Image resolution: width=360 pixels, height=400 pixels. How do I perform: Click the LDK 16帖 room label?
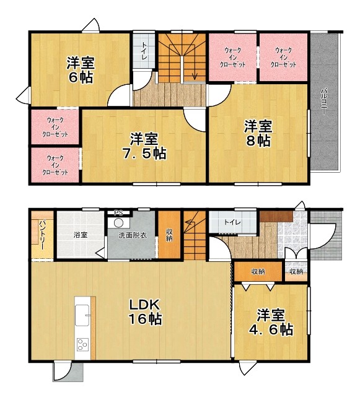point(145,311)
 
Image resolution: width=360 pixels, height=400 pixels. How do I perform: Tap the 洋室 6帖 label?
point(81,70)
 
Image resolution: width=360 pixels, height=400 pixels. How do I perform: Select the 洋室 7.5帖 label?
point(144,146)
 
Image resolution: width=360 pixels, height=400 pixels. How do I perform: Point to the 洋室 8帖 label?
point(258,133)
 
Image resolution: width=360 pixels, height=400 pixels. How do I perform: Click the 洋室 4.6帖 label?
point(271,322)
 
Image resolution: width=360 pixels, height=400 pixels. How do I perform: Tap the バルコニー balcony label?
point(324,101)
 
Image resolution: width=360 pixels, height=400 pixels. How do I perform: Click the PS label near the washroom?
point(118,212)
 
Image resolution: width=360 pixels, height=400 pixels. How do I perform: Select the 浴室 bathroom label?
point(81,235)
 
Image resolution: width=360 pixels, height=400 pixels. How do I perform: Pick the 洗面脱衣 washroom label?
point(133,235)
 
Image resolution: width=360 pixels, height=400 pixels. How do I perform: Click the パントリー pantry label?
point(42,235)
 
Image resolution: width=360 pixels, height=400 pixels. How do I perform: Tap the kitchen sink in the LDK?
point(82,315)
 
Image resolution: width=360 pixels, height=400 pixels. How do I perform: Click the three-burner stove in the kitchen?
point(82,344)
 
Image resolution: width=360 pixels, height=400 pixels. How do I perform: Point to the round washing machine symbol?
point(118,223)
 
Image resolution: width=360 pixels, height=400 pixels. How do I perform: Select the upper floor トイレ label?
point(144,53)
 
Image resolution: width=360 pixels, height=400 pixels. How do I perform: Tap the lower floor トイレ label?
point(232,222)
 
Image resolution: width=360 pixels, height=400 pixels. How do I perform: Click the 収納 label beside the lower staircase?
point(169,235)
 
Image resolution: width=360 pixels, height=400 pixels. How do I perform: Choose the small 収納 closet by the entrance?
point(296,272)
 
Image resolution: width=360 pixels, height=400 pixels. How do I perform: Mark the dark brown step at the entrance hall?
point(276,217)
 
